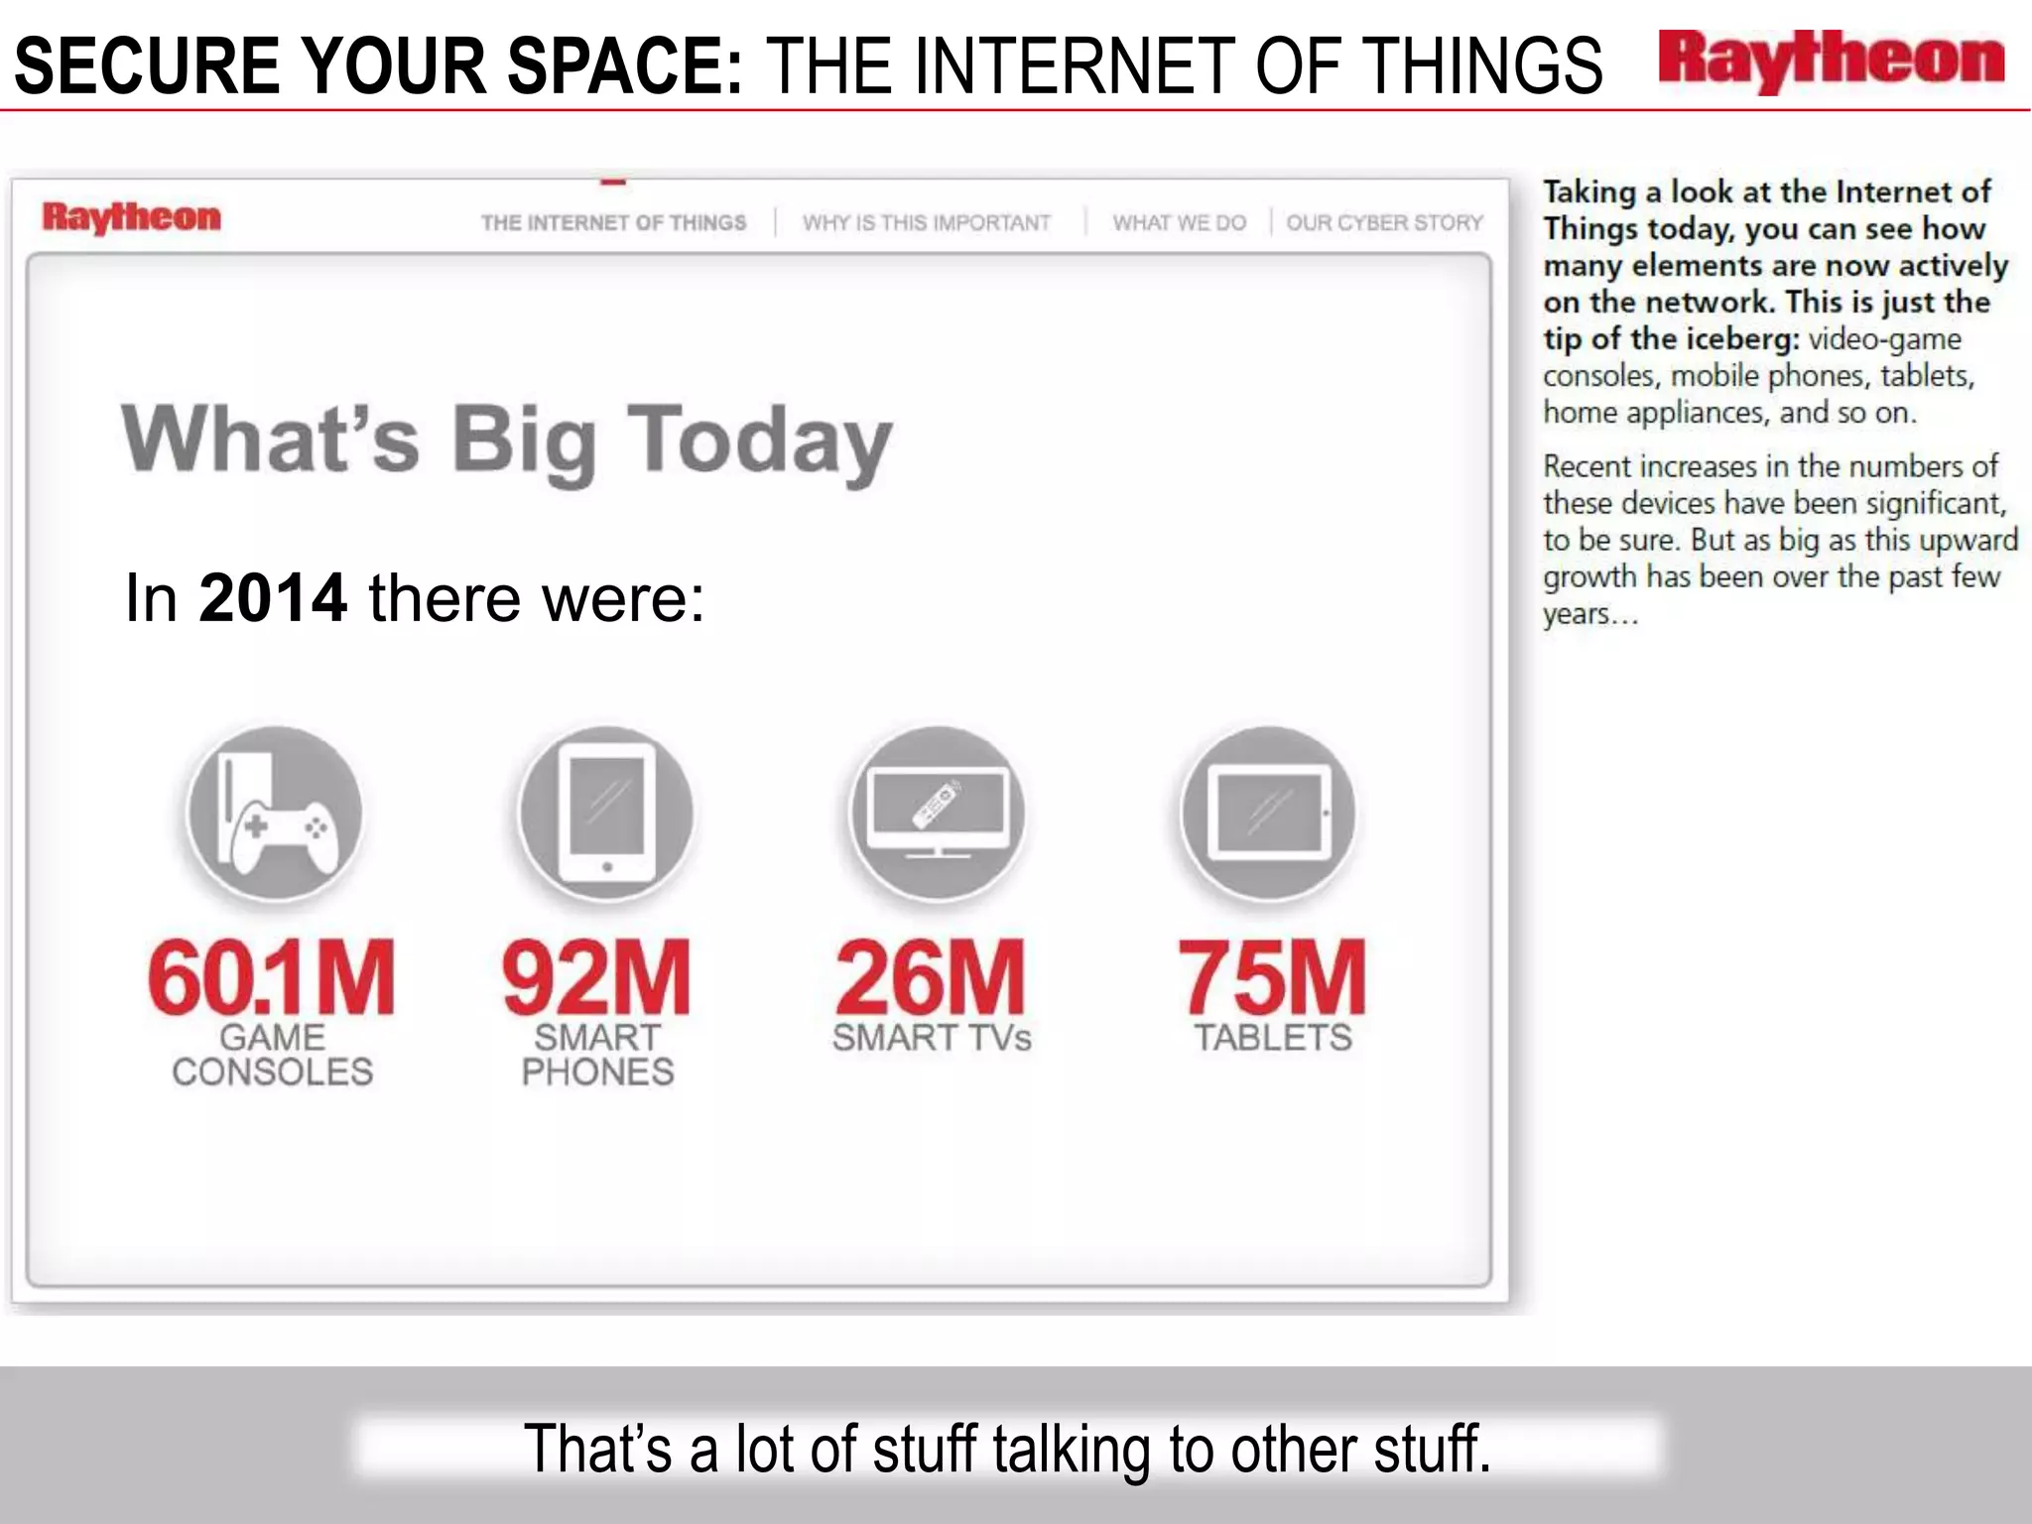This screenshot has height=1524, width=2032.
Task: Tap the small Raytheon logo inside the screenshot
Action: click(x=131, y=217)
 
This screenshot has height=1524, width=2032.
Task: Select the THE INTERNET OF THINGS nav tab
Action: click(x=613, y=223)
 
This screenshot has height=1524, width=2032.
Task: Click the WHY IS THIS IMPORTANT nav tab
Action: click(x=926, y=223)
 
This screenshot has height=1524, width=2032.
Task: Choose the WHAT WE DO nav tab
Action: click(x=1179, y=223)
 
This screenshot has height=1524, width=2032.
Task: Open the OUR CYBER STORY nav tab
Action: click(x=1384, y=223)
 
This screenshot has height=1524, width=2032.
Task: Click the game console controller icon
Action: click(x=275, y=814)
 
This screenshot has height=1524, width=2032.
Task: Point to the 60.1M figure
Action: click(x=271, y=978)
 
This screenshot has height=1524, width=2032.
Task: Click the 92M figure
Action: click(x=596, y=978)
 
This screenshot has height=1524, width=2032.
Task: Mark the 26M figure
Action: click(x=931, y=978)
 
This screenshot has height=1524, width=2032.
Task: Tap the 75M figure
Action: click(x=1272, y=978)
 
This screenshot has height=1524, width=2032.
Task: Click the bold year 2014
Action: click(x=273, y=598)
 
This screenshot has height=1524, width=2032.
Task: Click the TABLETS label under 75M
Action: click(x=1272, y=1038)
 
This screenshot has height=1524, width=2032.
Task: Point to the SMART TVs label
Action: click(x=932, y=1038)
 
